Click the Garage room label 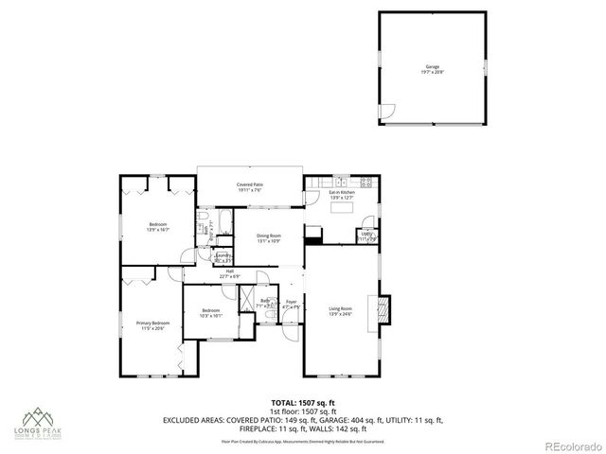click(432, 69)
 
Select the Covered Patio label click(249, 187)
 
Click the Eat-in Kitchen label click(341, 195)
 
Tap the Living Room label click(340, 311)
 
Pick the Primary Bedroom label click(152, 325)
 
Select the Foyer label click(292, 305)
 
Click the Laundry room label click(223, 257)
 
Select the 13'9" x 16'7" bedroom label click(157, 227)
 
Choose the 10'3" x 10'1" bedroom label click(210, 313)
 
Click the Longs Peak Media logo click(39, 424)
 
